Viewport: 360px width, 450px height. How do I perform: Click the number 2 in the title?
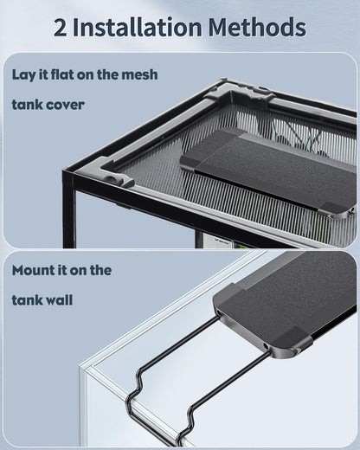coord(61,27)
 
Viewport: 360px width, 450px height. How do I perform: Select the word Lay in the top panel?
coord(26,74)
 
